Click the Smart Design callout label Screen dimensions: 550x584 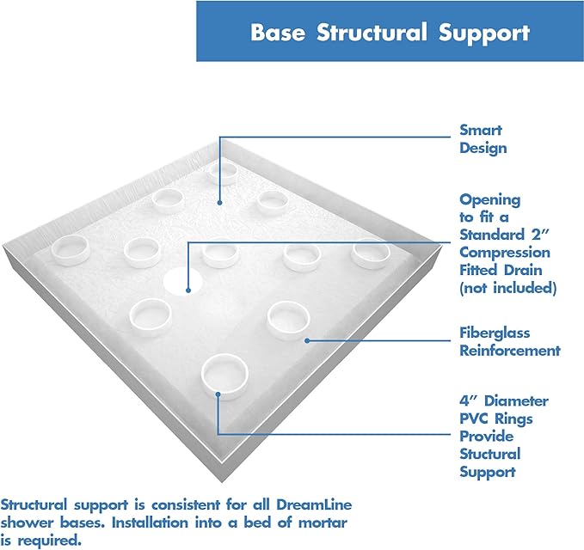click(x=483, y=139)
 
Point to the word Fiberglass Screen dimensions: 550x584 click(x=495, y=333)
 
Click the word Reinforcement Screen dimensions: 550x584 click(x=510, y=350)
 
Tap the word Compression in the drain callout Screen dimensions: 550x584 click(x=504, y=253)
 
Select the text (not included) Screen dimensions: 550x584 click(x=507, y=288)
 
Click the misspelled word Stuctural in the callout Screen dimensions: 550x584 click(x=489, y=454)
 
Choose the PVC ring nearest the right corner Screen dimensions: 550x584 click(x=371, y=252)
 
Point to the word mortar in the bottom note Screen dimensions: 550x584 click(x=257, y=524)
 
